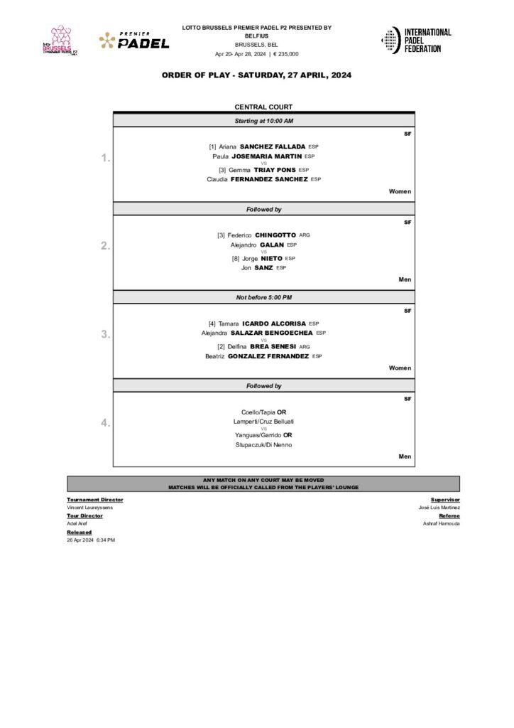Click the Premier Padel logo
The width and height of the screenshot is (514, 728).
pyautogui.click(x=134, y=41)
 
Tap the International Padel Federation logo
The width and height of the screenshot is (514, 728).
pyautogui.click(x=416, y=41)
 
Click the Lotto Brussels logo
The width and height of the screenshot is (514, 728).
pyautogui.click(x=61, y=41)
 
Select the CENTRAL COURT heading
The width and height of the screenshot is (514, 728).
pyautogui.click(x=263, y=107)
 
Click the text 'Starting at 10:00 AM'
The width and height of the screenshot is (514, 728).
pyautogui.click(x=263, y=122)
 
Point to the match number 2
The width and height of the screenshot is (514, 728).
pyautogui.click(x=104, y=246)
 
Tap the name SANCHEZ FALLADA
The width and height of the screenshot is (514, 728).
pyautogui.click(x=273, y=146)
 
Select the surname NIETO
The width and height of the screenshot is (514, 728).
pyautogui.click(x=271, y=258)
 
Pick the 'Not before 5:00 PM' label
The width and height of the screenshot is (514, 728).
pyautogui.click(x=263, y=297)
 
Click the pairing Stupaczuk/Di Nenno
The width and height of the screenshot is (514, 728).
pyautogui.click(x=263, y=444)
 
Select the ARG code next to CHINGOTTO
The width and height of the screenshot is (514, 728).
pyautogui.click(x=305, y=235)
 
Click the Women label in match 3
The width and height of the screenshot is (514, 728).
pyautogui.click(x=400, y=368)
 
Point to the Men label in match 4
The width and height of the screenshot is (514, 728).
pyautogui.click(x=405, y=456)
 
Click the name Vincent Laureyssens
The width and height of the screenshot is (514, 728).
pyautogui.click(x=89, y=508)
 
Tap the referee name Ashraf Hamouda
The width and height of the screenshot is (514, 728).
pyautogui.click(x=441, y=523)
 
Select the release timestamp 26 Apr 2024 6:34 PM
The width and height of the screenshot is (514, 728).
pyautogui.click(x=91, y=540)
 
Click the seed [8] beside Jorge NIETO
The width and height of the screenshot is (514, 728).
pyautogui.click(x=236, y=258)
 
